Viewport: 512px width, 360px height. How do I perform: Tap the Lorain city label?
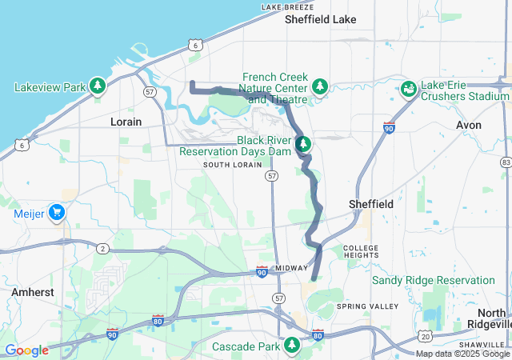[x=126, y=122]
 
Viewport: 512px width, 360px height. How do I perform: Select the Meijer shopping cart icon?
[x=56, y=213]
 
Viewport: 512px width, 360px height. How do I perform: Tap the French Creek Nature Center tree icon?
[x=320, y=85]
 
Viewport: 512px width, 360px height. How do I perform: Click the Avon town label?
[x=468, y=126]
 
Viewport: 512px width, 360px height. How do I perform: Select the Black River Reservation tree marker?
[x=304, y=144]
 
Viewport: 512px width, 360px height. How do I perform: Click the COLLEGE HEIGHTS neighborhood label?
[x=360, y=253]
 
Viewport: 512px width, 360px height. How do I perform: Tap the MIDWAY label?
[x=291, y=268]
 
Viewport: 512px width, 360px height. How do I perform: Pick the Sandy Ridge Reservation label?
[x=433, y=281]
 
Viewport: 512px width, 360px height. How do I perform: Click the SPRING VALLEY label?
[x=367, y=306]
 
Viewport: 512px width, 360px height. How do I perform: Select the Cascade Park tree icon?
[x=293, y=346]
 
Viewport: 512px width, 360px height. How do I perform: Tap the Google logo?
[x=26, y=350]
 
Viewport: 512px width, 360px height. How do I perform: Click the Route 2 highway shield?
[x=102, y=249]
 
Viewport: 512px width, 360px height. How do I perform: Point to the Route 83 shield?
[x=506, y=162]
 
